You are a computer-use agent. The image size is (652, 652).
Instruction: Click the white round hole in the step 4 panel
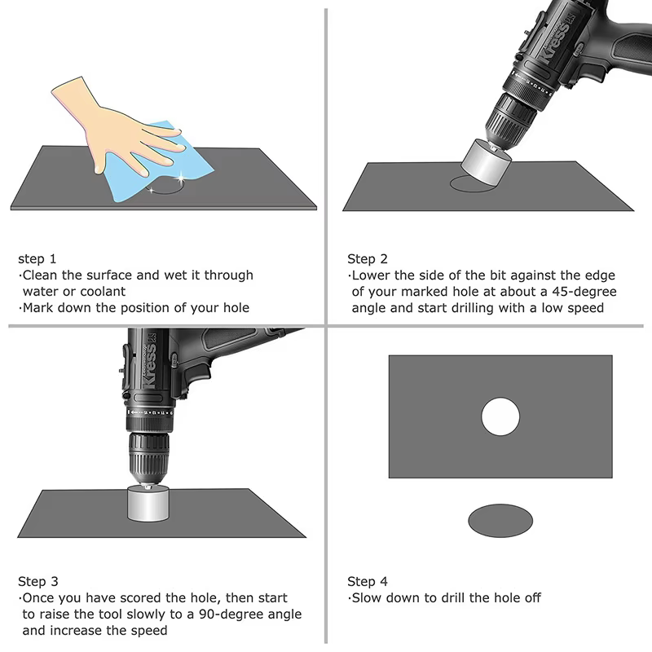[x=500, y=416]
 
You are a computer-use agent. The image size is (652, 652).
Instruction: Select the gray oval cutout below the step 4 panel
[x=500, y=520]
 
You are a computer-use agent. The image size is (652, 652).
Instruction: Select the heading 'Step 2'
[x=368, y=259]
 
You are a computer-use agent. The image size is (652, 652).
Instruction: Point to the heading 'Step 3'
[x=38, y=582]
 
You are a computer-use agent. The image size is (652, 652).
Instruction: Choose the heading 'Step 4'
[x=368, y=582]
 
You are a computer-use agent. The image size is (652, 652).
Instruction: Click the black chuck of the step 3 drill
[x=148, y=456]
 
